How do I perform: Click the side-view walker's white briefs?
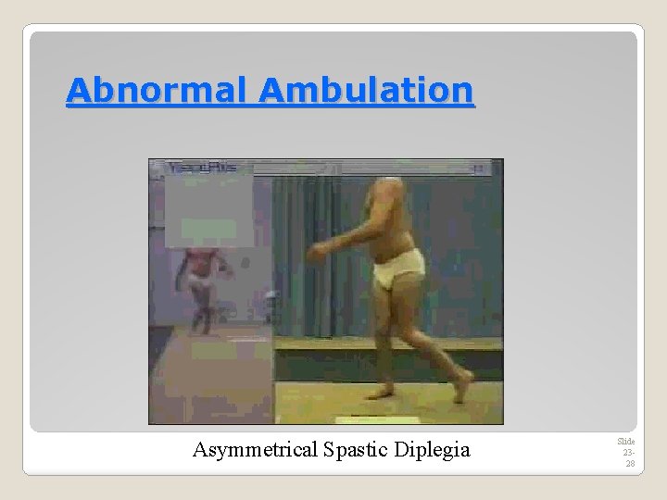pos(397,269)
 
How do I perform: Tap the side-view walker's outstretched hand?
pos(316,249)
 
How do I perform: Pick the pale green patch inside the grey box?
pos(208,228)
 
